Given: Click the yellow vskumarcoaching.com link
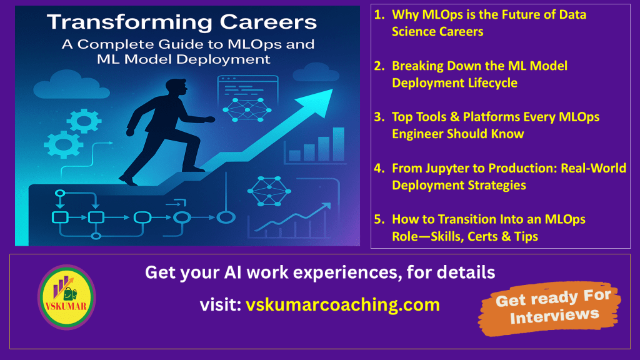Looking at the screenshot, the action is pyautogui.click(x=343, y=305).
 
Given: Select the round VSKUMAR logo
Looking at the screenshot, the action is pyautogui.click(x=66, y=297).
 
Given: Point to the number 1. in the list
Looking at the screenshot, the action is pyautogui.click(x=379, y=15).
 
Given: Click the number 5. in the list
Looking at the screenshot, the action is pyautogui.click(x=379, y=219).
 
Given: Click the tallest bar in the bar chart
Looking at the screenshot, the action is pyautogui.click(x=339, y=144).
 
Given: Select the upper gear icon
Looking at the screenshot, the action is pyautogui.click(x=84, y=121).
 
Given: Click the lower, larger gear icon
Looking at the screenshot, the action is pyautogui.click(x=63, y=145).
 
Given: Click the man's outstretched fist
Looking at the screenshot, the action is pyautogui.click(x=210, y=119).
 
